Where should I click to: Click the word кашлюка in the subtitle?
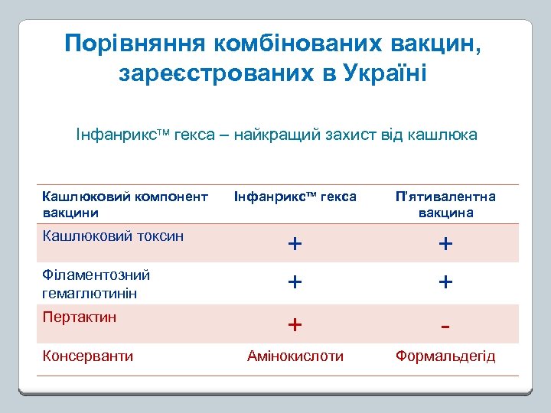pyautogui.click(x=445, y=135)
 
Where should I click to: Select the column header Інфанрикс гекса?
pyautogui.click(x=295, y=197)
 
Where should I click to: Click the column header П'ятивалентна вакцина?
pyautogui.click(x=445, y=204)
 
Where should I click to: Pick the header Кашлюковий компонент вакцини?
pyautogui.click(x=125, y=204)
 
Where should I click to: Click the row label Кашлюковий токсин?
pyautogui.click(x=113, y=236)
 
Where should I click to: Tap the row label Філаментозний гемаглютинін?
pyautogui.click(x=96, y=284)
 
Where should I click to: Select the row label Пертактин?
pyautogui.click(x=80, y=317)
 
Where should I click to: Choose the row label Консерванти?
pyautogui.click(x=88, y=356)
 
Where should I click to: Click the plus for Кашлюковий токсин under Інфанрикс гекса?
pyautogui.click(x=295, y=244)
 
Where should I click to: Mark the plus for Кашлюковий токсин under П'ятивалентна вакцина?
pyautogui.click(x=445, y=244)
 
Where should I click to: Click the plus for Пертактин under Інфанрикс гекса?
pyautogui.click(x=295, y=325)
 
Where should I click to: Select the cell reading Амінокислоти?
pyautogui.click(x=295, y=356)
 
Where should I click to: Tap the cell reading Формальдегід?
pyautogui.click(x=445, y=356)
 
